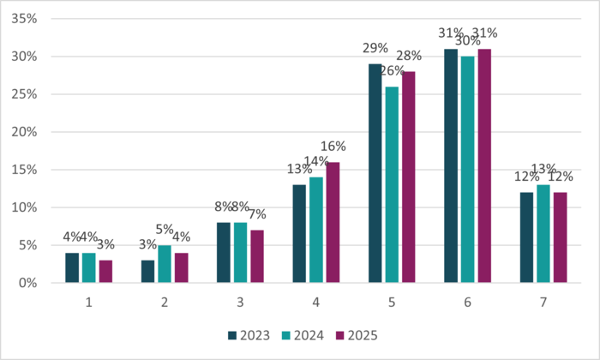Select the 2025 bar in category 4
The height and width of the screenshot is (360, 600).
(x=333, y=222)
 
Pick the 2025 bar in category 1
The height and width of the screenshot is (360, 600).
(x=105, y=271)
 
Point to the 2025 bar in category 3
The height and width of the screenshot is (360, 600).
(x=257, y=256)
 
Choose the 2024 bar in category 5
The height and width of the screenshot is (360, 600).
(x=392, y=184)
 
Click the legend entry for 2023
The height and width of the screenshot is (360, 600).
(x=249, y=334)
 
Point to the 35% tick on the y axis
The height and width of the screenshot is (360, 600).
(x=24, y=19)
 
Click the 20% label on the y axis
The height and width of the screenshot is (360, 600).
(x=24, y=132)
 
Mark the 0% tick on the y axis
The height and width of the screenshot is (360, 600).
(x=27, y=283)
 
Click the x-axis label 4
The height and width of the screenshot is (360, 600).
(x=316, y=302)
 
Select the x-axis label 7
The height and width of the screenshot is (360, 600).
(x=543, y=302)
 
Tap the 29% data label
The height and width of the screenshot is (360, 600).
(x=374, y=49)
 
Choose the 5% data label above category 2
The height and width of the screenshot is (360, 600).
(x=165, y=230)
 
